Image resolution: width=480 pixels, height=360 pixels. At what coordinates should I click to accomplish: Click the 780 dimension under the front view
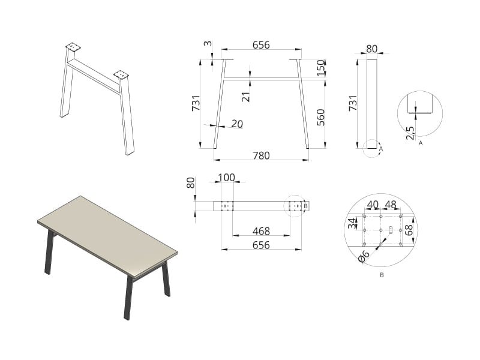click(261, 155)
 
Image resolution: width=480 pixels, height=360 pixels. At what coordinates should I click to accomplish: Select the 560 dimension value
click(320, 117)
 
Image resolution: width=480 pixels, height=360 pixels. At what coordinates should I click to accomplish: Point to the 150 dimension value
click(320, 68)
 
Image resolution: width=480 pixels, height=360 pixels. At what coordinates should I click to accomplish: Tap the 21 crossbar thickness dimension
click(246, 97)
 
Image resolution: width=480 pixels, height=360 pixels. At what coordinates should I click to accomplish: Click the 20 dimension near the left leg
click(237, 124)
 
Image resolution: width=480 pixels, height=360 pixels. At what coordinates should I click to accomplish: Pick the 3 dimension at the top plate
click(208, 43)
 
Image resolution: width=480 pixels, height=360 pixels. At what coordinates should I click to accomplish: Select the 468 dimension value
click(261, 231)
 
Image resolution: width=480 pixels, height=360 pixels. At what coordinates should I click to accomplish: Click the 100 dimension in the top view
click(227, 178)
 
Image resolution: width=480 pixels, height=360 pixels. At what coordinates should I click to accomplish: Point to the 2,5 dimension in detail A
click(410, 133)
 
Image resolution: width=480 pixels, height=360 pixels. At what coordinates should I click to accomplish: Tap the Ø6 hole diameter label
click(364, 256)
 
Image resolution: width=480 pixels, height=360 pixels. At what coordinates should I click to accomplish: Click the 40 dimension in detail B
click(373, 205)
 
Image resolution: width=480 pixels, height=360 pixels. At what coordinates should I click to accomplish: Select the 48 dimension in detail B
click(391, 205)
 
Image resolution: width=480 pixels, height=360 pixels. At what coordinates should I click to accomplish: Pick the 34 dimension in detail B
click(353, 223)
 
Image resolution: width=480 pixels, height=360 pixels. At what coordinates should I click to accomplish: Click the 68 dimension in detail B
click(409, 230)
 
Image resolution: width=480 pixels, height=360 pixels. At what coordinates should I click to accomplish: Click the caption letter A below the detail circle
click(421, 143)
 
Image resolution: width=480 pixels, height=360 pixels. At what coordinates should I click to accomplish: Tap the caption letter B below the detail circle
click(382, 275)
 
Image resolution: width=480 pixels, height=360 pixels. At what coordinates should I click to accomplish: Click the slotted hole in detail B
click(391, 230)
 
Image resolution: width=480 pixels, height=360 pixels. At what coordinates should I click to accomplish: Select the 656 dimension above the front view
click(261, 45)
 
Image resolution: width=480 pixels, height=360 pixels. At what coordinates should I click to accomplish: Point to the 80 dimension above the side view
click(371, 49)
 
